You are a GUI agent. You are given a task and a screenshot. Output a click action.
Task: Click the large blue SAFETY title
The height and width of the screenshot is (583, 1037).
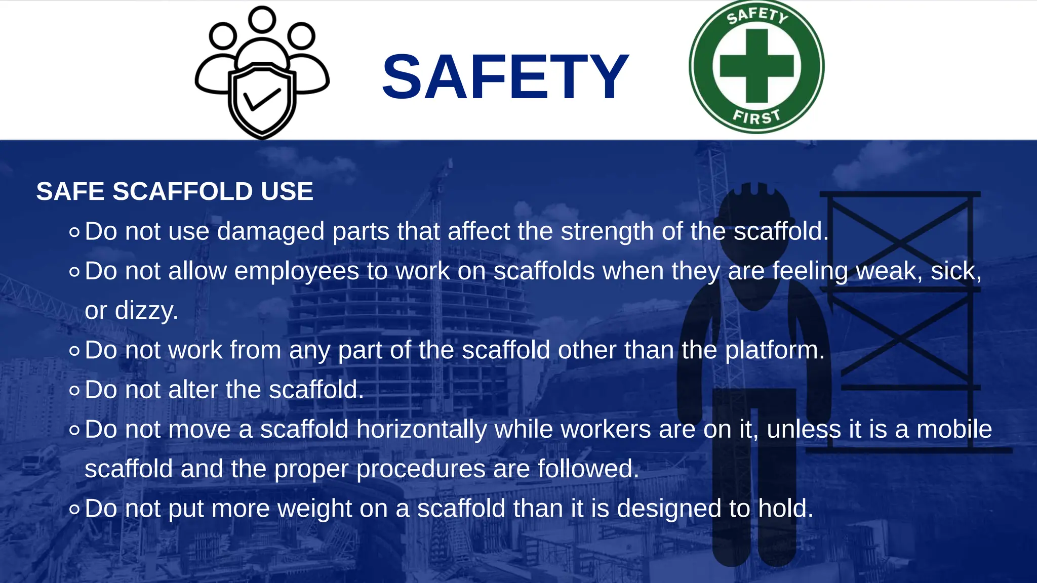click(x=505, y=77)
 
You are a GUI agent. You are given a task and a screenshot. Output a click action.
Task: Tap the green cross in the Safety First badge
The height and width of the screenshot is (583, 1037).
click(x=756, y=66)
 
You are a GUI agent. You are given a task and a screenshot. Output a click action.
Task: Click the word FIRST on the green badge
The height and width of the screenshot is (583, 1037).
click(x=756, y=117)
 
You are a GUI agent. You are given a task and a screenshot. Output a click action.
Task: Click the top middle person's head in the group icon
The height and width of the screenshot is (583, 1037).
click(x=262, y=19)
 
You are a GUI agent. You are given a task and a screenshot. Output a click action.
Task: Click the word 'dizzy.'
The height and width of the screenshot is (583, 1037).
click(x=146, y=310)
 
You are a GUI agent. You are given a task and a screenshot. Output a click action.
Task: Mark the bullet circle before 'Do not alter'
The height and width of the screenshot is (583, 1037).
click(x=74, y=391)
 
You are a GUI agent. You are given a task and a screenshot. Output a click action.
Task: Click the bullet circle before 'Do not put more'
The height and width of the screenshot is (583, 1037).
click(x=74, y=509)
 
